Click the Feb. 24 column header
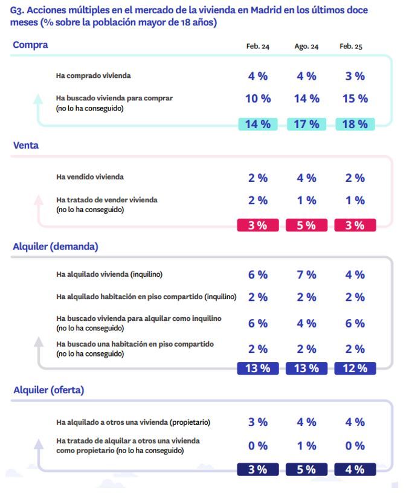257,47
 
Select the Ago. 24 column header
306,47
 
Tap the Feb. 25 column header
351,47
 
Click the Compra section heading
30,45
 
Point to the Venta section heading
26,145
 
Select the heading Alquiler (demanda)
56,246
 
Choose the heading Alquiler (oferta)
48,390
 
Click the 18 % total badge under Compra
355,124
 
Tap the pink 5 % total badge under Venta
306,225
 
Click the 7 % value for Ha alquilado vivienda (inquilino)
306,275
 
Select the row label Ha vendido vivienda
90,177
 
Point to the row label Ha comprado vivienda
93,76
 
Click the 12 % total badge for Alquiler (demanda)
355,369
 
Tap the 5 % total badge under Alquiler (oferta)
306,469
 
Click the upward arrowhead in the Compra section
39,97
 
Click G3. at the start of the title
19,11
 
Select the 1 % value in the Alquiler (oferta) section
306,446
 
